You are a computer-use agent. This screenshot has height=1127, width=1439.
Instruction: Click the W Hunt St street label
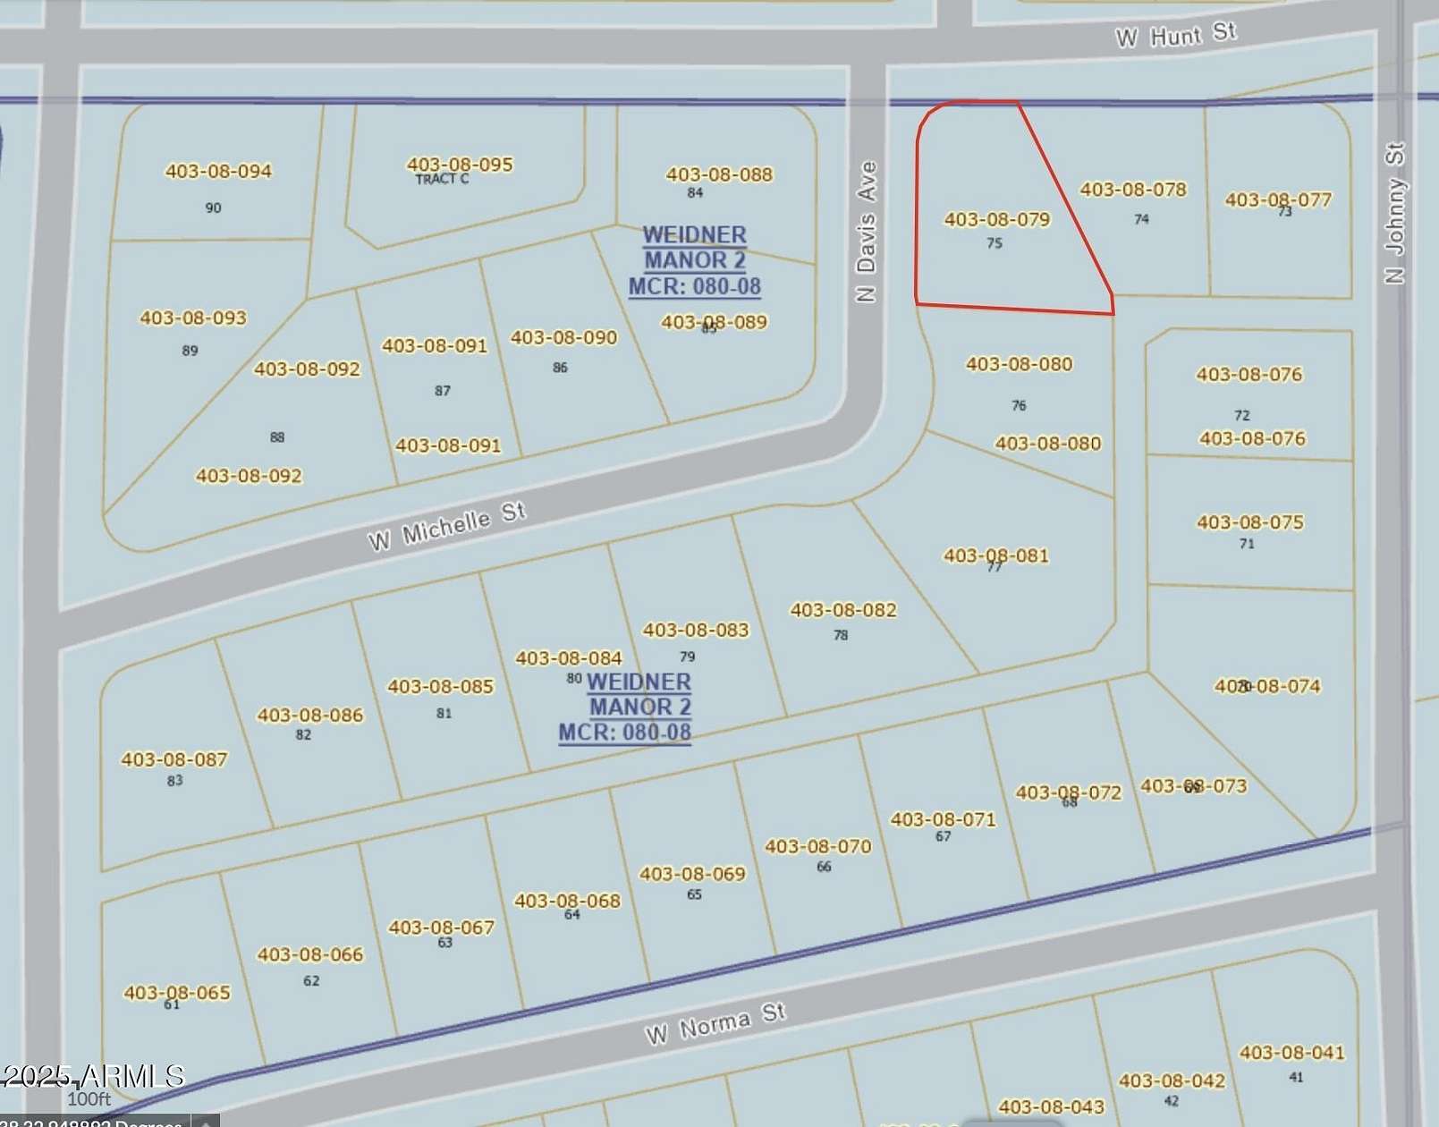1175,35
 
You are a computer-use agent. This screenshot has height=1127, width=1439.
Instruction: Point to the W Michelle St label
446,526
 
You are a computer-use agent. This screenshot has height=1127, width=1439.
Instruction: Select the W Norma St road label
715,1023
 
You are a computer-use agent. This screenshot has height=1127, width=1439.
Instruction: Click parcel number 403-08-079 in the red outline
997,219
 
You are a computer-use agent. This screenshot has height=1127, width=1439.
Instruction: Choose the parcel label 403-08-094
218,171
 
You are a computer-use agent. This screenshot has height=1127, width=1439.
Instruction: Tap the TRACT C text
442,180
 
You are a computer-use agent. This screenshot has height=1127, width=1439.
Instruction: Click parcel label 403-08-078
1133,190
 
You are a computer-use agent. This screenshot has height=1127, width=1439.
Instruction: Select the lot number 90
213,208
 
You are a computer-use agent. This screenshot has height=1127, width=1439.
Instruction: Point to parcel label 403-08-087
174,759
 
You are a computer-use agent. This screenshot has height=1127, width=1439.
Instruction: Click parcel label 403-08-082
842,610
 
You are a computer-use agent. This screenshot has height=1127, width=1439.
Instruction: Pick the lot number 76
1019,405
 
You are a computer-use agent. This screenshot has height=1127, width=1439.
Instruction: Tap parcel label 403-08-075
1250,522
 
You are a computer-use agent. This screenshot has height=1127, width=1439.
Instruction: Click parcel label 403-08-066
310,954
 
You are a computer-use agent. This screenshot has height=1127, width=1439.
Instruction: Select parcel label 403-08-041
1291,1053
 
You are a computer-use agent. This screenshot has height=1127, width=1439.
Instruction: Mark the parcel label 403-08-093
193,318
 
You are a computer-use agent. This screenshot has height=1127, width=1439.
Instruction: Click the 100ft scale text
89,1099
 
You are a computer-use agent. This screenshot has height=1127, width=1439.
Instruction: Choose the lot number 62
311,980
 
